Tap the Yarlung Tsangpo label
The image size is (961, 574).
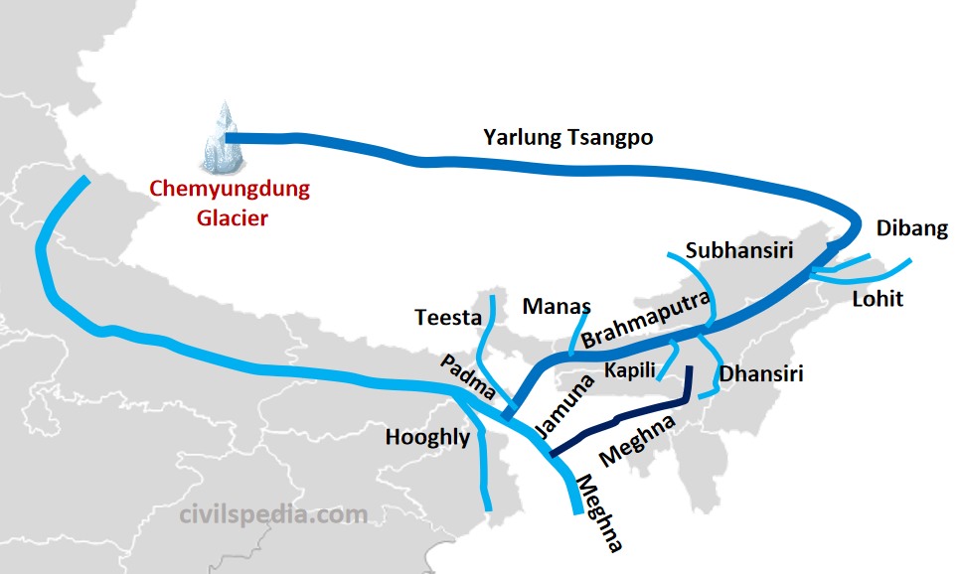click(567, 137)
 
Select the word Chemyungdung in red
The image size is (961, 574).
click(230, 189)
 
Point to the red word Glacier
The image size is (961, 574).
click(230, 217)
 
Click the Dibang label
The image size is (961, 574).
click(911, 228)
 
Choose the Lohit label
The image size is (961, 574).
click(878, 297)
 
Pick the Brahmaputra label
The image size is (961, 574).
click(646, 320)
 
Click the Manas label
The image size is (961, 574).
click(557, 306)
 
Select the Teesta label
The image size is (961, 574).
click(447, 318)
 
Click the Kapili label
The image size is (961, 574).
click(630, 370)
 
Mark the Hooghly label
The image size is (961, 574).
click(427, 437)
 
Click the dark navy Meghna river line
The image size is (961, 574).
click(626, 418)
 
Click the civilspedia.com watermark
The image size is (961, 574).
click(274, 514)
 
